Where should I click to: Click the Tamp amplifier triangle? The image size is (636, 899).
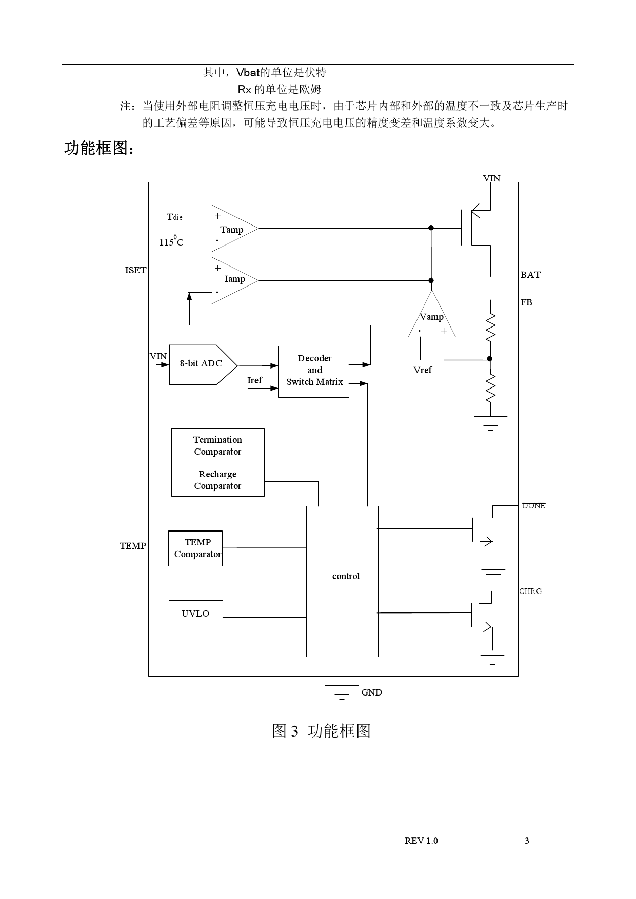pyautogui.click(x=231, y=229)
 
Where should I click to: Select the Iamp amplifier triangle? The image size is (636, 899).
pyautogui.click(x=231, y=280)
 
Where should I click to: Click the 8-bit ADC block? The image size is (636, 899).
pyautogui.click(x=201, y=364)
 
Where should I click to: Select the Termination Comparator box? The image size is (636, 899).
pyautogui.click(x=217, y=446)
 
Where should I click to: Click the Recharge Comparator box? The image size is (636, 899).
pyautogui.click(x=217, y=480)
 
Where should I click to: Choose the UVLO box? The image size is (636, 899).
pyautogui.click(x=195, y=614)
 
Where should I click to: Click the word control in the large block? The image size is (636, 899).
pyautogui.click(x=346, y=577)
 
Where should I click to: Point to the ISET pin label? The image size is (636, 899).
pyautogui.click(x=135, y=271)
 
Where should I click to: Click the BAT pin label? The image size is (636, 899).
pyautogui.click(x=530, y=275)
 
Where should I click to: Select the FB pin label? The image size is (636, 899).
pyautogui.click(x=526, y=303)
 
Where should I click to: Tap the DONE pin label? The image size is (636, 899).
pyautogui.click(x=533, y=506)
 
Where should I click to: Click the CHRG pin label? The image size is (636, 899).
pyautogui.click(x=530, y=591)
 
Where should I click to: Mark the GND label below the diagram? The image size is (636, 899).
pyautogui.click(x=371, y=693)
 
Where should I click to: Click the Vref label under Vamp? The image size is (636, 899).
pyautogui.click(x=423, y=370)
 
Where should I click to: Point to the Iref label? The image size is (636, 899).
pyautogui.click(x=254, y=380)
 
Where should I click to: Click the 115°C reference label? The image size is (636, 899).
pyautogui.click(x=171, y=241)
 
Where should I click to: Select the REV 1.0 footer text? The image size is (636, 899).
pyautogui.click(x=421, y=841)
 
